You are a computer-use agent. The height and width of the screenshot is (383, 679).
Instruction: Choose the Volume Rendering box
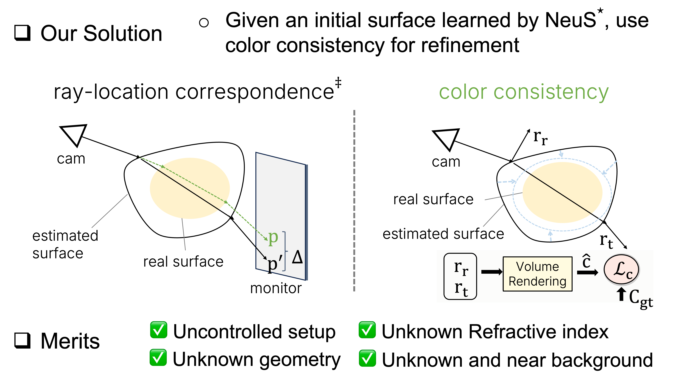coord(537,274)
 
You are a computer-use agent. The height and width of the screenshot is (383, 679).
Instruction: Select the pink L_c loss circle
coord(622,270)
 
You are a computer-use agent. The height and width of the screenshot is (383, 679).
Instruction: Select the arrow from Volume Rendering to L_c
coord(587,272)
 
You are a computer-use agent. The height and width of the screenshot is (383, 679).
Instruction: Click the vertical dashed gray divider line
coord(354,200)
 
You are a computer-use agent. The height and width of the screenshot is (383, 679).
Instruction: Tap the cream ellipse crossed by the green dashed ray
coord(190,188)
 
